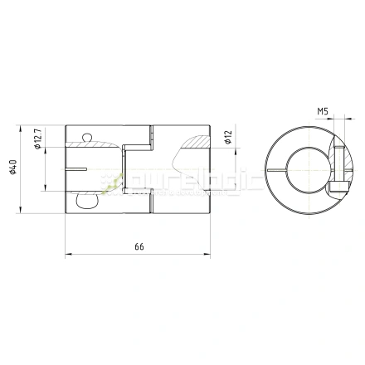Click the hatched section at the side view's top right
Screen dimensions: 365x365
click(196, 142)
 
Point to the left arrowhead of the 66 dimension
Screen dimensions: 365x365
click(66, 255)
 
